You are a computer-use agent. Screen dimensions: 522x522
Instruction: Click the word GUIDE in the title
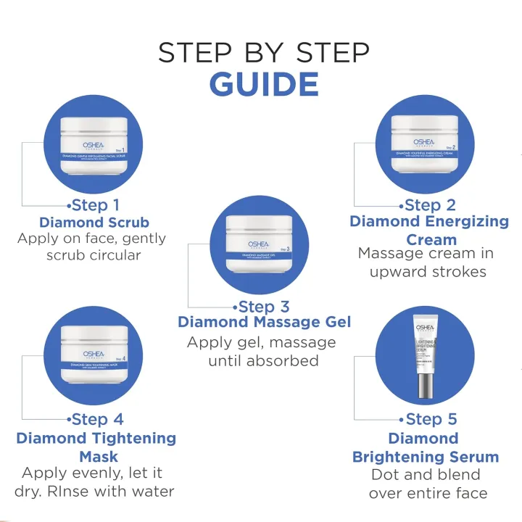pos(264,83)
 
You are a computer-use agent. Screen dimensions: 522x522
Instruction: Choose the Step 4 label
pos(98,419)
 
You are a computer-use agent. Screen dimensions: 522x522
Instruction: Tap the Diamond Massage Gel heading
pos(265,322)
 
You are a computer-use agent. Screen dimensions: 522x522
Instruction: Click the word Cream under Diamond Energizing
pos(431,239)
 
